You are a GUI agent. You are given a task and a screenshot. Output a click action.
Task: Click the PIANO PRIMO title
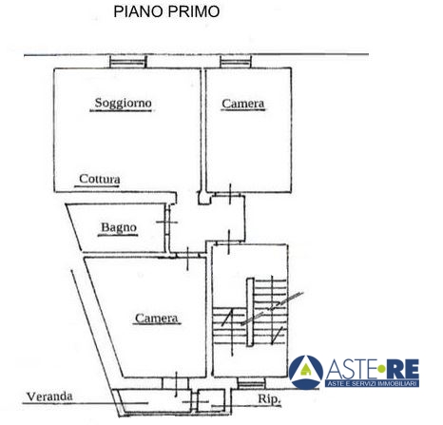166,11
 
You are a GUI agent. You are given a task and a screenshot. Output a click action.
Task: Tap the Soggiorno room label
123,103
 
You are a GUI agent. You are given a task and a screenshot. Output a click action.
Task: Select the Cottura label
100,179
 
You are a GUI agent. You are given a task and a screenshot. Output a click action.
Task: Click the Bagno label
119,227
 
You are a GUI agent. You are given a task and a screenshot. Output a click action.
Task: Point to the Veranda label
49,396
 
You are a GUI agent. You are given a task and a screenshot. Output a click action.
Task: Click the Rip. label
269,399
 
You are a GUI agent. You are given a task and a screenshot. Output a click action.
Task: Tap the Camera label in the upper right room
242,104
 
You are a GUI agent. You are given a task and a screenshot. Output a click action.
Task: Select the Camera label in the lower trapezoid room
156,318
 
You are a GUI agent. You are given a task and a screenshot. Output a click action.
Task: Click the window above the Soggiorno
128,62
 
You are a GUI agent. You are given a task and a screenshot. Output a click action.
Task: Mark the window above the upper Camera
236,62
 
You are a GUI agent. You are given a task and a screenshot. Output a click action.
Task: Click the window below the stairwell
252,384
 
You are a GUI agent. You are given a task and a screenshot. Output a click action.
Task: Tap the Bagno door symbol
166,222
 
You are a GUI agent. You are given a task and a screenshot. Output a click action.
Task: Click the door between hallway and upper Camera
230,194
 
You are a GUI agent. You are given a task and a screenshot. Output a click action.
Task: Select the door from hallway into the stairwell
229,242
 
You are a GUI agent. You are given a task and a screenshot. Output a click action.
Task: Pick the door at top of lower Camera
187,258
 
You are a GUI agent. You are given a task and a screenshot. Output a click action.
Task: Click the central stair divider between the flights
250,312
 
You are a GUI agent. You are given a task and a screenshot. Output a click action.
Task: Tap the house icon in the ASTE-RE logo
305,370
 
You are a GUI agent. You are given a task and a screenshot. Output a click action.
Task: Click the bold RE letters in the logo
402,369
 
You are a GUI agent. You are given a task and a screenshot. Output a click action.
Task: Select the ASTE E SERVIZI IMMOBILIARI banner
372,383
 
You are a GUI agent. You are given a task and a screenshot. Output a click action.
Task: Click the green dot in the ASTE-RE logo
381,369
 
